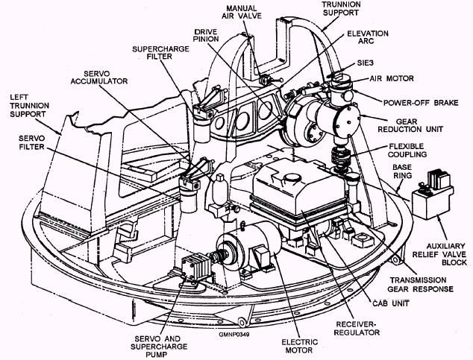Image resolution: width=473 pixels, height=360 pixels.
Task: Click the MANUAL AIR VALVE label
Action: (x=243, y=13)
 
